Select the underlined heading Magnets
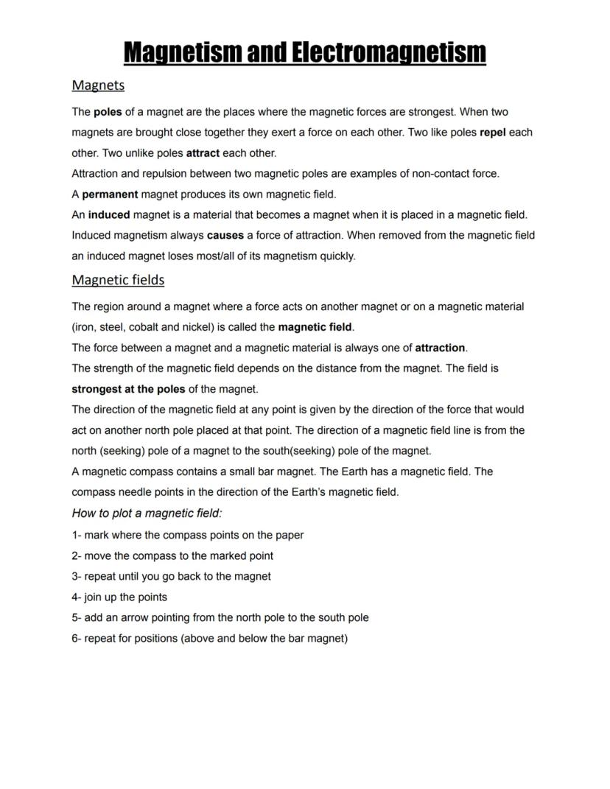pos(98,85)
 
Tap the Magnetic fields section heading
pos(118,280)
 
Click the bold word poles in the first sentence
pos(108,112)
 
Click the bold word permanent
pos(110,194)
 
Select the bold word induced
pos(109,215)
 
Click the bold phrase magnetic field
pos(315,327)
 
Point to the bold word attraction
pos(440,348)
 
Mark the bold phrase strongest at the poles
pos(128,389)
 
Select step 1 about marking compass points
pos(188,535)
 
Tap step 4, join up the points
pos(119,597)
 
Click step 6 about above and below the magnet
pos(209,638)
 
